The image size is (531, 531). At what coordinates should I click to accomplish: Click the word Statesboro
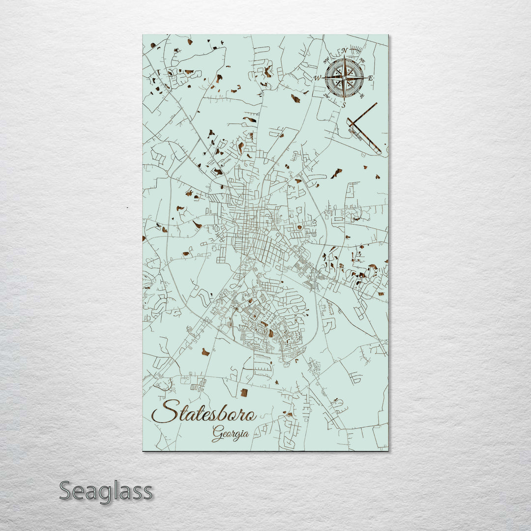[x=204, y=412]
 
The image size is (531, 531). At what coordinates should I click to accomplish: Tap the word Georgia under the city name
[x=230, y=433]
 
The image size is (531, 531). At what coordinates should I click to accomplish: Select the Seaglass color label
[x=106, y=491]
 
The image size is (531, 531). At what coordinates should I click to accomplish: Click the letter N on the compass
[x=345, y=51]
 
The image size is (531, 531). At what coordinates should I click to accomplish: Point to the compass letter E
[x=371, y=78]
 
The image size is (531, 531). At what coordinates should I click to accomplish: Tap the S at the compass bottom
[x=344, y=105]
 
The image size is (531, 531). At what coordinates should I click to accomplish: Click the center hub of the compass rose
[x=344, y=78]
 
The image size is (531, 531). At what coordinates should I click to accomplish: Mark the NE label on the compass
[x=362, y=60]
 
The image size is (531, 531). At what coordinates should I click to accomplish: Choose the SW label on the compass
[x=326, y=96]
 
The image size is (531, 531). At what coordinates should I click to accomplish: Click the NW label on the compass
[x=326, y=60]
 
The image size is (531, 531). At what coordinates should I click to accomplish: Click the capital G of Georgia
[x=217, y=433]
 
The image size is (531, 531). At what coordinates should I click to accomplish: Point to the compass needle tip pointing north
[x=344, y=57]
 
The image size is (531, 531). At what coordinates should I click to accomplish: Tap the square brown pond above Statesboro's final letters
[x=244, y=392]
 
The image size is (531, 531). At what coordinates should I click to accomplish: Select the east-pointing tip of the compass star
[x=364, y=78]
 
